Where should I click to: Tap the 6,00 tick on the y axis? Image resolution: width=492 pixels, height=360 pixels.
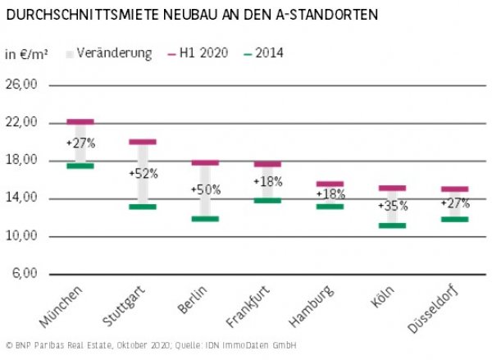coord(24,274)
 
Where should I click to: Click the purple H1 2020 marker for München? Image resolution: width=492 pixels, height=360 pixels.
coord(80,121)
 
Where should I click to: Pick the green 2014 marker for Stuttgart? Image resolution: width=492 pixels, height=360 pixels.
coord(143,207)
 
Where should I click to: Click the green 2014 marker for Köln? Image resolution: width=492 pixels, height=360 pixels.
coord(392,226)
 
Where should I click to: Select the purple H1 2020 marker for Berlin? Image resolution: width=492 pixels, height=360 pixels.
coord(205,162)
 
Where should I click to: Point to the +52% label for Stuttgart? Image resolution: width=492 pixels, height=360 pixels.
coord(143,174)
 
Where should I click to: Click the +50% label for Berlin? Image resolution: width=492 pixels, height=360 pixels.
coord(205,190)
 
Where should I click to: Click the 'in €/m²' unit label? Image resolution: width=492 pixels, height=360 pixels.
coord(25,54)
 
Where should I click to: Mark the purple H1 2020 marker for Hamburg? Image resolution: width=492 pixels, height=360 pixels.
coord(330,184)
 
